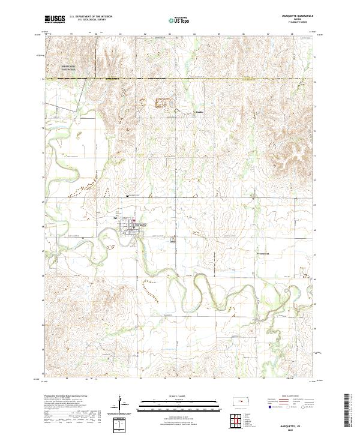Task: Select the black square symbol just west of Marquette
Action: coord(116,218)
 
